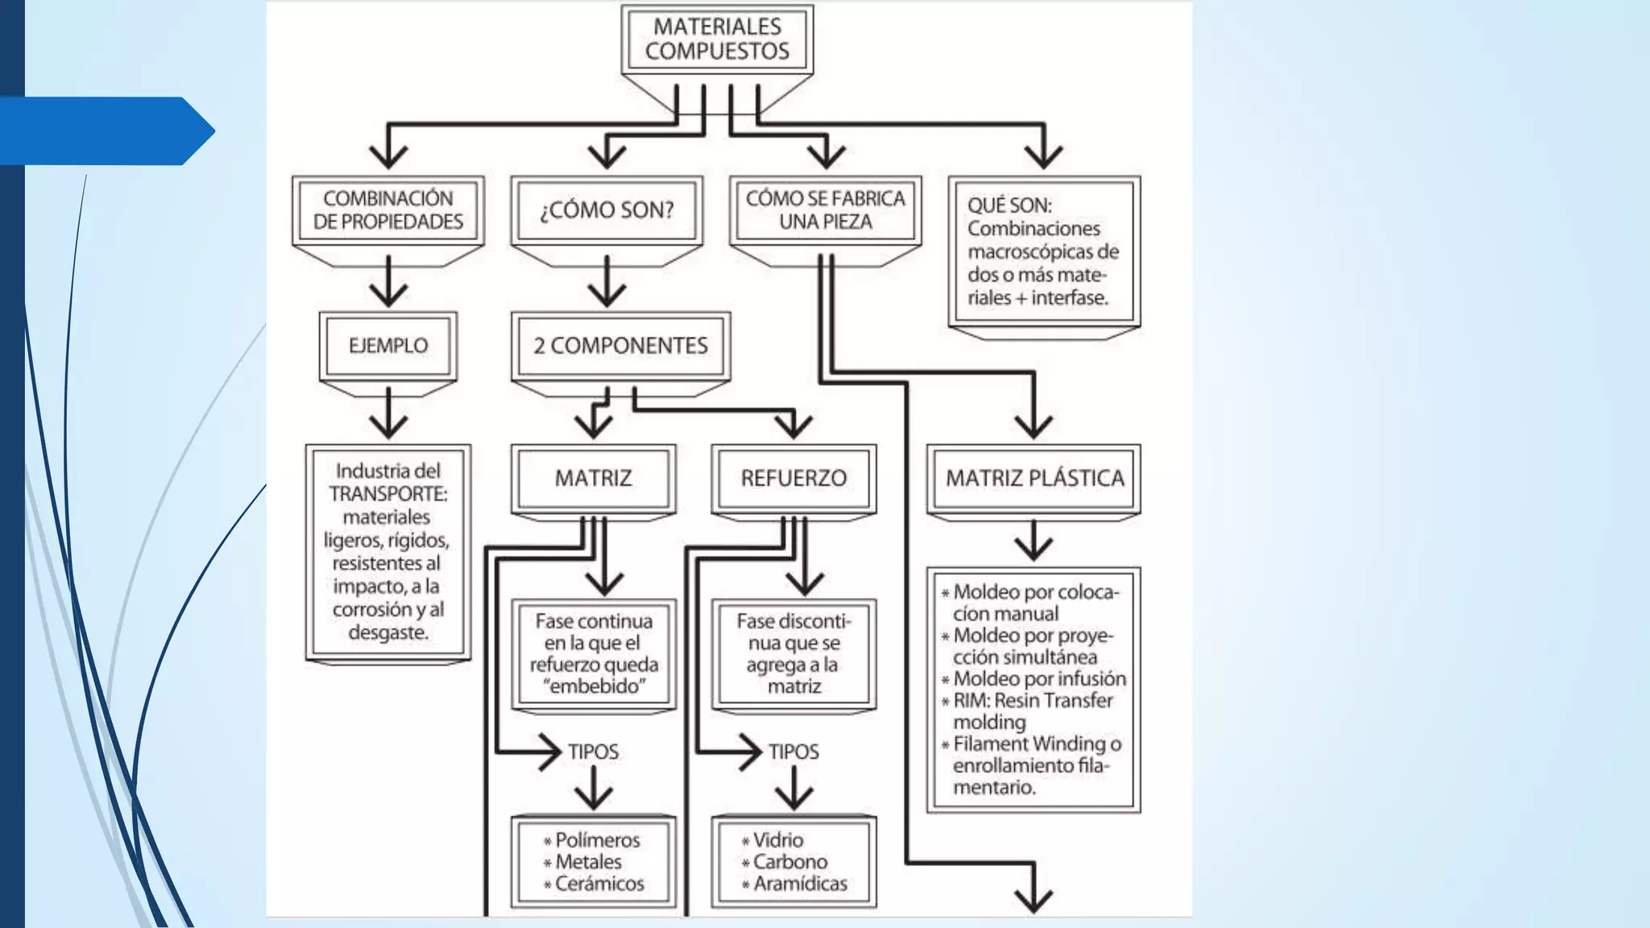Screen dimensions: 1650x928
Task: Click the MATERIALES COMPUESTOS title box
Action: coord(717,39)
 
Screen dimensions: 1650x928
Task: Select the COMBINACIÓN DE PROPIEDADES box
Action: coord(388,210)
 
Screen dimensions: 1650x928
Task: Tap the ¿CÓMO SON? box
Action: coord(607,210)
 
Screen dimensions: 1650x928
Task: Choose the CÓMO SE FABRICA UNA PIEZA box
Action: coord(826,210)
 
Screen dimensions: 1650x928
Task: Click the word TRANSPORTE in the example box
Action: coord(388,494)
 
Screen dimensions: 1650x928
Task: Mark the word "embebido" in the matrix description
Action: coord(595,686)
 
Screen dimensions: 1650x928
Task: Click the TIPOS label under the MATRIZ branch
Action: coord(593,752)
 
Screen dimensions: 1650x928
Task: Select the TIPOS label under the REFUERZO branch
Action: coord(794,752)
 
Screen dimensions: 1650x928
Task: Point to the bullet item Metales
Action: coord(583,862)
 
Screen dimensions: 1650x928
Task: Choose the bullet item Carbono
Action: coord(785,862)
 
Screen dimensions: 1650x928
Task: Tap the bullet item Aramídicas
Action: coord(794,884)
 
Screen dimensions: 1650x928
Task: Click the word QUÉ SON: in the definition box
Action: coord(1009,205)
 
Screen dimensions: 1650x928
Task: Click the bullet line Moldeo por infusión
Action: coord(1034,679)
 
